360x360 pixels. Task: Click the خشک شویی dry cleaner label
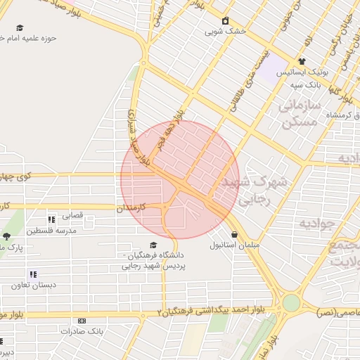225,32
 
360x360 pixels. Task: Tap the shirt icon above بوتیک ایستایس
302,62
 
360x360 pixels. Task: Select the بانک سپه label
306,84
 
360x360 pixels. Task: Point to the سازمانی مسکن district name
299,113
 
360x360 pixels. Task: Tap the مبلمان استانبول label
234,246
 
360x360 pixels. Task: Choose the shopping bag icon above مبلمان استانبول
234,235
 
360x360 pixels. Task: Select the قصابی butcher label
73,215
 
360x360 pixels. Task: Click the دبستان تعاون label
34,285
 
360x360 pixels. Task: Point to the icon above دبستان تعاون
32,274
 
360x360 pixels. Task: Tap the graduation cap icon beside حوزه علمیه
20,28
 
